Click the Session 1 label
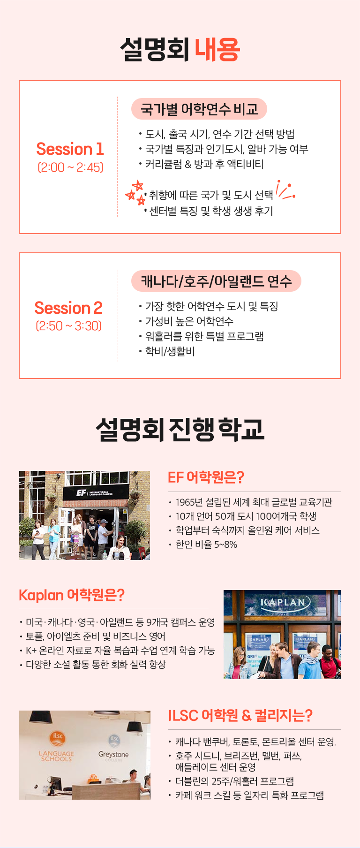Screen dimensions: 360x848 pos(70,149)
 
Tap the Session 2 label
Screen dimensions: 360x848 pos(68,308)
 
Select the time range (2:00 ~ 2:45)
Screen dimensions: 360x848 pos(70,167)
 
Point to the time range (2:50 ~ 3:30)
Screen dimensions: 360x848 pos(68,326)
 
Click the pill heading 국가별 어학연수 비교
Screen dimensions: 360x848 pos(199,109)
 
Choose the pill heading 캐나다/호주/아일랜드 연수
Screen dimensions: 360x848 pos(216,281)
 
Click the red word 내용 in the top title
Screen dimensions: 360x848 pos(217,49)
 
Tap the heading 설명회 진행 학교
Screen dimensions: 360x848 pos(180,429)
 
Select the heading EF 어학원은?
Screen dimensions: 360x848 pos(206,477)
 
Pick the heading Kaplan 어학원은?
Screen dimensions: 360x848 pos(72,595)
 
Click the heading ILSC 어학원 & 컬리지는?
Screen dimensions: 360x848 pos(240,716)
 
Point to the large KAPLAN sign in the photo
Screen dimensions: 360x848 pos(283,602)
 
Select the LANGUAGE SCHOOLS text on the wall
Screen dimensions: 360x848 pos(56,756)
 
